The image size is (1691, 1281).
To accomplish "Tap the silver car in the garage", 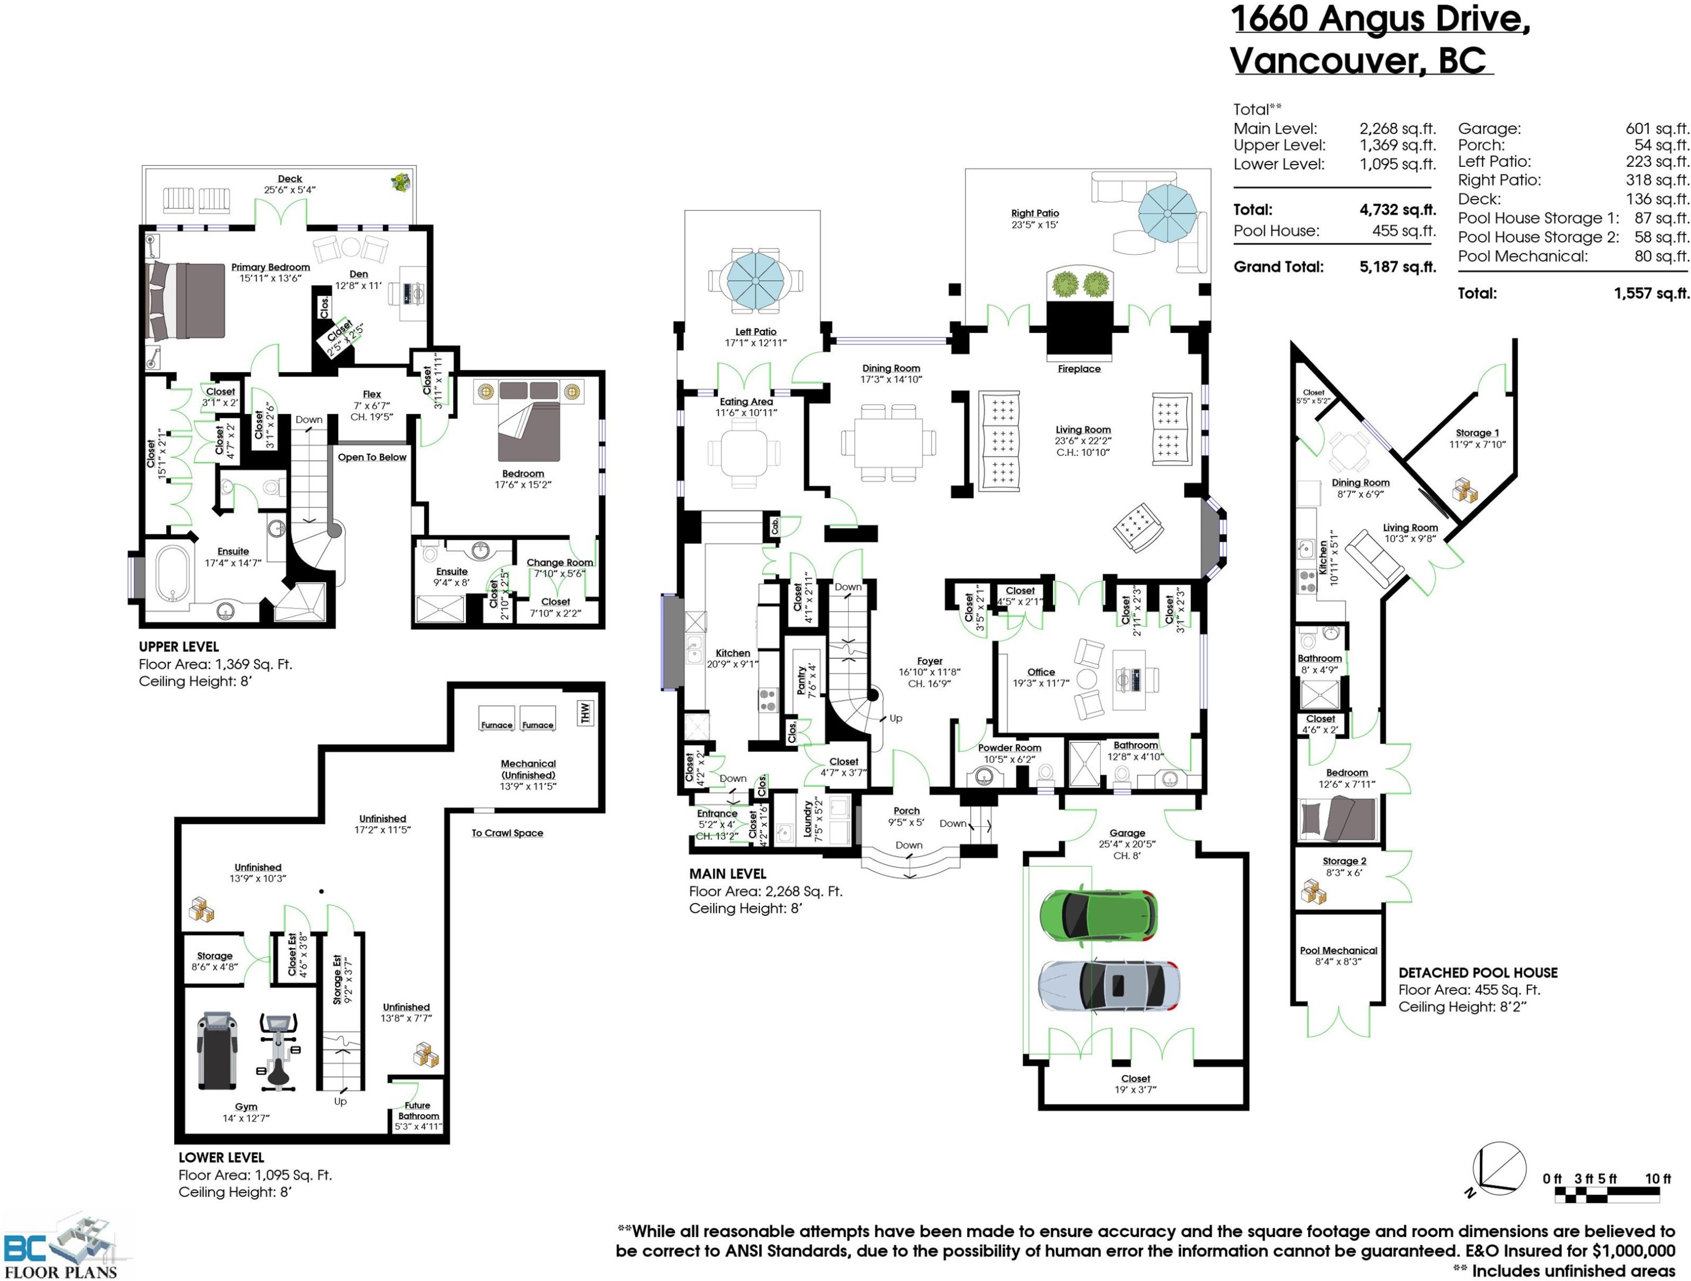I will [x=1109, y=986].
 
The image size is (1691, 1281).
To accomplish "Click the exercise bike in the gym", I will [x=278, y=1051].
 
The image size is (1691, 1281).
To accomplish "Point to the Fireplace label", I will [x=1079, y=369].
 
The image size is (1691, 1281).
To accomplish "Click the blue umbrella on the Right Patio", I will [x=1167, y=213].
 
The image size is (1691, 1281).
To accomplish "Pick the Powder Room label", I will [x=1009, y=747].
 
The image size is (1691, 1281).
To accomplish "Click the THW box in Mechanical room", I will [x=586, y=712].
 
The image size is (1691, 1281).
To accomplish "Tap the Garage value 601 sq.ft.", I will [x=1657, y=128].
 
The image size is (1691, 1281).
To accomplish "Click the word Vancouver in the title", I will [x=1326, y=61].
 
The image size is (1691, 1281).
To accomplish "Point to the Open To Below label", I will [x=371, y=457].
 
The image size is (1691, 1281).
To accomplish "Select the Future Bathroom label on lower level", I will [x=418, y=1111].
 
